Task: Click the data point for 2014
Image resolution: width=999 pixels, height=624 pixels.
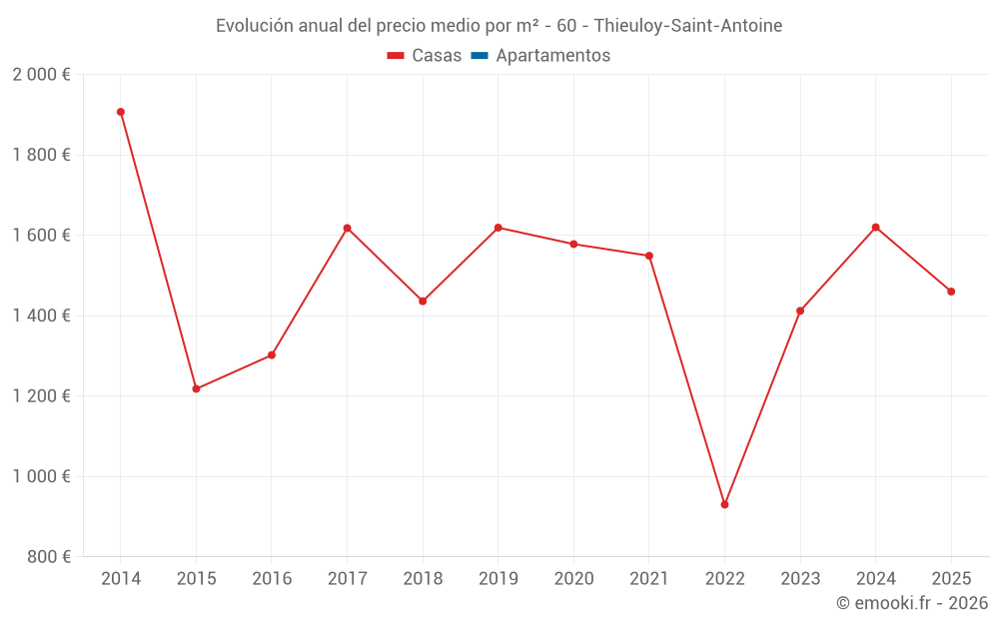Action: (x=121, y=112)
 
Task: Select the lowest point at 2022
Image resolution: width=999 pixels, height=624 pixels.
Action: (x=724, y=504)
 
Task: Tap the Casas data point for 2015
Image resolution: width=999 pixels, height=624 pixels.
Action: (x=196, y=388)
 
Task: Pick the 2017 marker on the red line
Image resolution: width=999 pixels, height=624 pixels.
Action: (x=347, y=228)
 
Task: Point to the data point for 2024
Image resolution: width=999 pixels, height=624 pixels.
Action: (x=875, y=227)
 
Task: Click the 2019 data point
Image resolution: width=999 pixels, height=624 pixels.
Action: (x=498, y=228)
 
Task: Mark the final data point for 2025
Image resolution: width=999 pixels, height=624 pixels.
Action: (x=951, y=292)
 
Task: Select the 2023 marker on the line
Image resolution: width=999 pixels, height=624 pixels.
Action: (x=800, y=311)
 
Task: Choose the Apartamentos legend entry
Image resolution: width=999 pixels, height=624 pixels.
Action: (x=552, y=56)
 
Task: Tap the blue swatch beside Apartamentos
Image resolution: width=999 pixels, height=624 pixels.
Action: (x=479, y=56)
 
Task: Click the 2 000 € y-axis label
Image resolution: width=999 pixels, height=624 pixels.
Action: (x=41, y=75)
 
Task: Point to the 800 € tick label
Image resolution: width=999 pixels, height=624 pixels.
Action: (x=48, y=557)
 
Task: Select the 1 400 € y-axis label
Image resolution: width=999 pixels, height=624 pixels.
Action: (x=41, y=315)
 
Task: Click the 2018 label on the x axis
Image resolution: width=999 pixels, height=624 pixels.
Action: (x=423, y=579)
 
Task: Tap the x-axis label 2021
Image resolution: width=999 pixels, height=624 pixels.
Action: (x=648, y=579)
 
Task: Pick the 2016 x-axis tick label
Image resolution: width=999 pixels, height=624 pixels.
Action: (x=272, y=579)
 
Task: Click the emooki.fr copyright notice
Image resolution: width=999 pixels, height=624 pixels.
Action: (x=911, y=603)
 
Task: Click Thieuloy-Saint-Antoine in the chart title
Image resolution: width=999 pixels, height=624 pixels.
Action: (x=688, y=25)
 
